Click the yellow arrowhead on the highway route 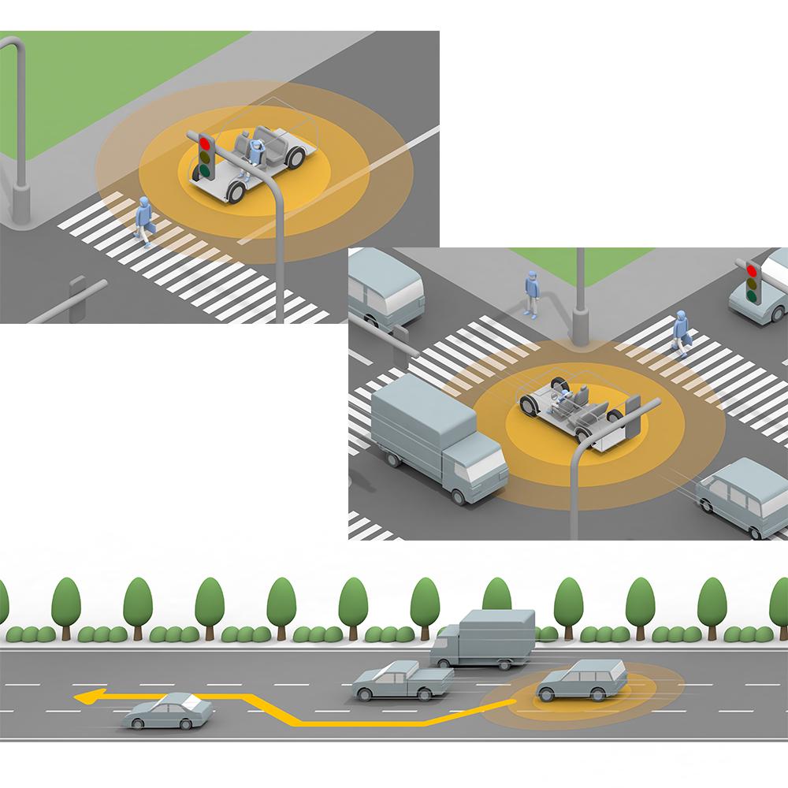click(85, 697)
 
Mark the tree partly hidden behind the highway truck click(496, 599)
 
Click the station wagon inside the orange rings click(582, 681)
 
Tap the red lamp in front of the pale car click(752, 269)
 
